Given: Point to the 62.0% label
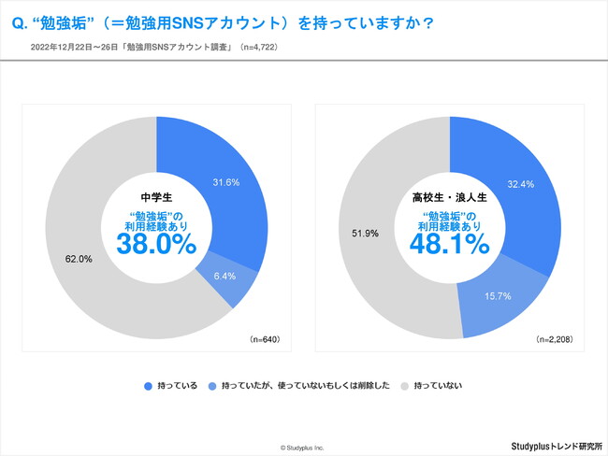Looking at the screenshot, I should coord(80,259).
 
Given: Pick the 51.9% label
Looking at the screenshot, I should coord(364,233).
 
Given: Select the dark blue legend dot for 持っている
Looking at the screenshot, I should coord(148,385).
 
